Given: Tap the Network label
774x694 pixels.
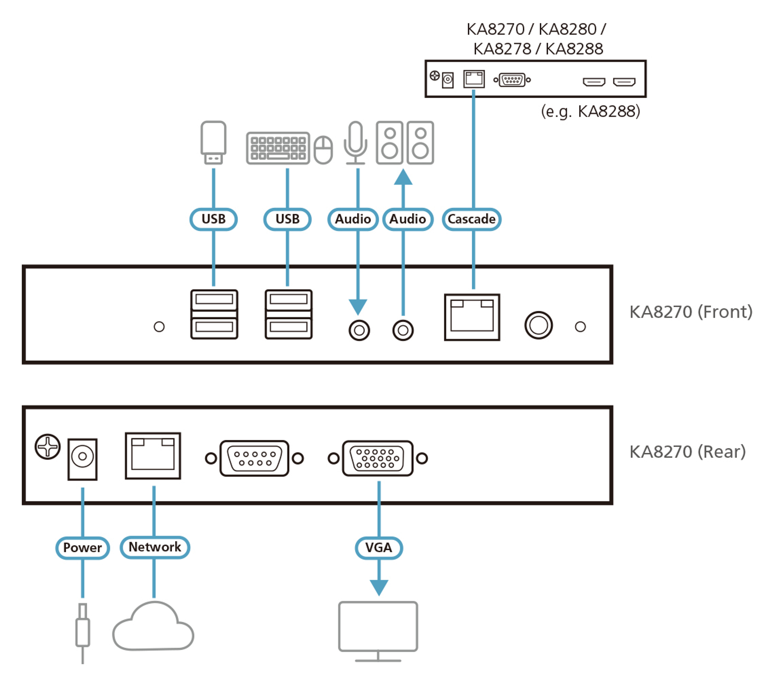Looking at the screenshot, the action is coord(155,547).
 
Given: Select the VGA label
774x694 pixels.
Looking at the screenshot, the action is coord(379,548).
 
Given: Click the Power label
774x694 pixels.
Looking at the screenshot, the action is coord(82,548).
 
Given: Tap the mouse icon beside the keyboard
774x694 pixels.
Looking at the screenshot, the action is coord(323,150).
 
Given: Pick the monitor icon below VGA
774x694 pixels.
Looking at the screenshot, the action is coord(378,631).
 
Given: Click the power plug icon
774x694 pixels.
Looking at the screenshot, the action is coord(83,633).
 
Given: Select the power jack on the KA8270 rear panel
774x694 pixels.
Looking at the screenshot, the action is coord(82,459).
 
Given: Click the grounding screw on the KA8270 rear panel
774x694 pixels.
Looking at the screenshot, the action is coord(48,446).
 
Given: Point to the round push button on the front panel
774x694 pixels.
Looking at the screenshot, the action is coord(538,325).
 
